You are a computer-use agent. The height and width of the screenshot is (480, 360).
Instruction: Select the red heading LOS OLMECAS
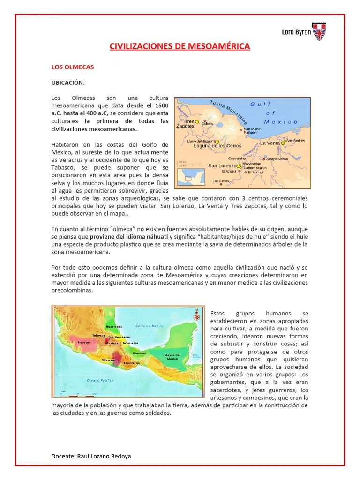click(x=73, y=67)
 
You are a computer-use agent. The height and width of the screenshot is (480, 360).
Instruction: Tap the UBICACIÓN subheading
click(x=67, y=82)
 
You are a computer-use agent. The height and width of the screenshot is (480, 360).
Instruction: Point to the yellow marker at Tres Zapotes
click(x=197, y=121)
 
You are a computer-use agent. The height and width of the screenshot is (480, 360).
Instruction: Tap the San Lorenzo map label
click(x=222, y=166)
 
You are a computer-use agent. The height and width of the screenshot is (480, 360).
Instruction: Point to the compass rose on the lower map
click(x=196, y=317)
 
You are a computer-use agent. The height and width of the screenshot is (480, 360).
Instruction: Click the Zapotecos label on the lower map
click(x=132, y=363)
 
